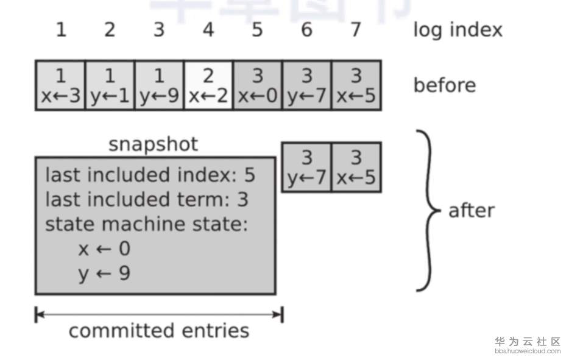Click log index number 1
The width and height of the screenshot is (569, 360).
[60, 30]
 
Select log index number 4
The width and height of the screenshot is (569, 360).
[208, 30]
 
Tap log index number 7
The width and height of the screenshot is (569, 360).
[356, 30]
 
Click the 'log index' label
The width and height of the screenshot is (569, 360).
[458, 30]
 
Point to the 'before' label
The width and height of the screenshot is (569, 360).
[445, 85]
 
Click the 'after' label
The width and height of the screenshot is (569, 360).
[472, 211]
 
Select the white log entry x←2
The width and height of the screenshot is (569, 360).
[208, 85]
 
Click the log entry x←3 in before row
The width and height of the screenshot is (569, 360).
[60, 85]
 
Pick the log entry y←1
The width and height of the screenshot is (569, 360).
[110, 85]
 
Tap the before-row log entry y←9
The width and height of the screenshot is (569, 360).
[158, 85]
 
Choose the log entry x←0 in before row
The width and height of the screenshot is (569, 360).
[257, 85]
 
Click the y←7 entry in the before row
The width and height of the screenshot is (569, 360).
[306, 85]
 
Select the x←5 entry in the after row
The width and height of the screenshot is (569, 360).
[356, 168]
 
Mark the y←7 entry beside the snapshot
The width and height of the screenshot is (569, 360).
[306, 168]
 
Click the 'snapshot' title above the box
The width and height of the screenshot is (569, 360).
[153, 144]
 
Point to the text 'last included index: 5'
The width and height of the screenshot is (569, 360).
[150, 175]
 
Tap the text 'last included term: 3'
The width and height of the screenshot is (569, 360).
[147, 200]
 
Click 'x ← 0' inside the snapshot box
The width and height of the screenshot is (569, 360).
[104, 249]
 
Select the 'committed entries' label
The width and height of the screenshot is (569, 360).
[158, 331]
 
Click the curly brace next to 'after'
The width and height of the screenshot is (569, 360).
[429, 211]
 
